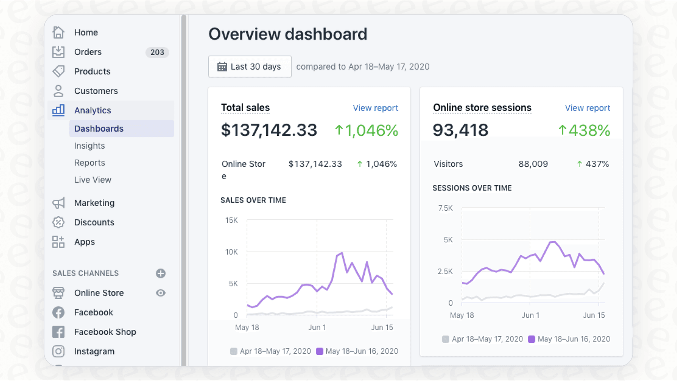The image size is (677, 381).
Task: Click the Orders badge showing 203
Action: point(157,52)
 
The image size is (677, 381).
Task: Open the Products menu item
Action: point(92,71)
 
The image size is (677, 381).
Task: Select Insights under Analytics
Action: point(89,146)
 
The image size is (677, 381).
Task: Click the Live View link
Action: point(93,180)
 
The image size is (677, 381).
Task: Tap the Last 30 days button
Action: point(250,66)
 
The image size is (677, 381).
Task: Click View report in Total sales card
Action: point(375,108)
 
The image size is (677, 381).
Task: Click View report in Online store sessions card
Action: point(587,108)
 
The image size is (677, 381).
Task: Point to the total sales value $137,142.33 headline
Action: point(269,130)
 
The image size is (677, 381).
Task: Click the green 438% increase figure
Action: point(584,130)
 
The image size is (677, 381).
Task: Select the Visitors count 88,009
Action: point(533,164)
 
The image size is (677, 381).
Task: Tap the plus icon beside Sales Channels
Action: point(161,273)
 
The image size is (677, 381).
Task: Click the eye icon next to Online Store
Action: point(161,293)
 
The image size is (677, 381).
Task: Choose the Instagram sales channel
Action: point(94,351)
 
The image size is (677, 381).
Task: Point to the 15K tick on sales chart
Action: point(231,220)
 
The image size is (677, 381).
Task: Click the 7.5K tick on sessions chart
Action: point(445,208)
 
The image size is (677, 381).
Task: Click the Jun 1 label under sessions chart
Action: point(530,315)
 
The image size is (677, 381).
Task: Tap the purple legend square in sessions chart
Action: point(532,339)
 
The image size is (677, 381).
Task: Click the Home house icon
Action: point(58,32)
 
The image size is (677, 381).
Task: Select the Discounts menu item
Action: point(94,222)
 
